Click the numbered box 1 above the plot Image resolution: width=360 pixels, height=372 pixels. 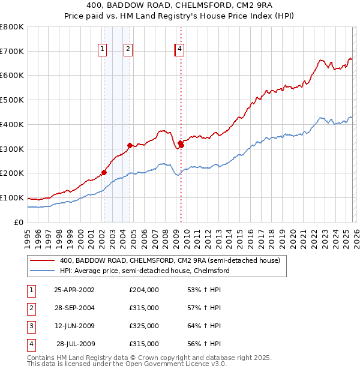coord(103,50)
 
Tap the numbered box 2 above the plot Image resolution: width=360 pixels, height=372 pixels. coord(128,50)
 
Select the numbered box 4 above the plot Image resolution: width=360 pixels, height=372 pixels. coord(180,50)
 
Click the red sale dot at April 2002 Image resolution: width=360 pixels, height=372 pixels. coord(104,172)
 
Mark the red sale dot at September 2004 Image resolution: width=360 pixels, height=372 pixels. coord(130,145)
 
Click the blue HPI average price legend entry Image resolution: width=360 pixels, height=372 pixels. coord(145,271)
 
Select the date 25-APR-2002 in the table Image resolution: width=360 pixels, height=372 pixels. coord(74,290)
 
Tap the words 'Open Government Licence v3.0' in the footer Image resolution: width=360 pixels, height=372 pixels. coord(176,364)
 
